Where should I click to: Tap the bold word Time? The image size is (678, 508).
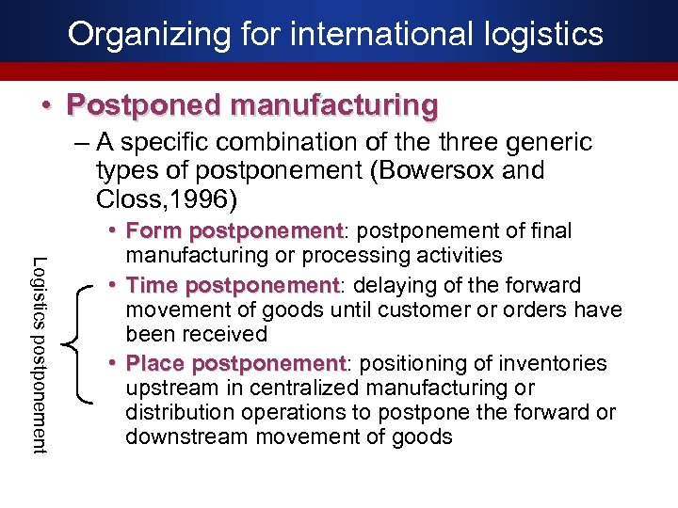[155, 285]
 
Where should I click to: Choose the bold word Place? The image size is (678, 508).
[157, 363]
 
